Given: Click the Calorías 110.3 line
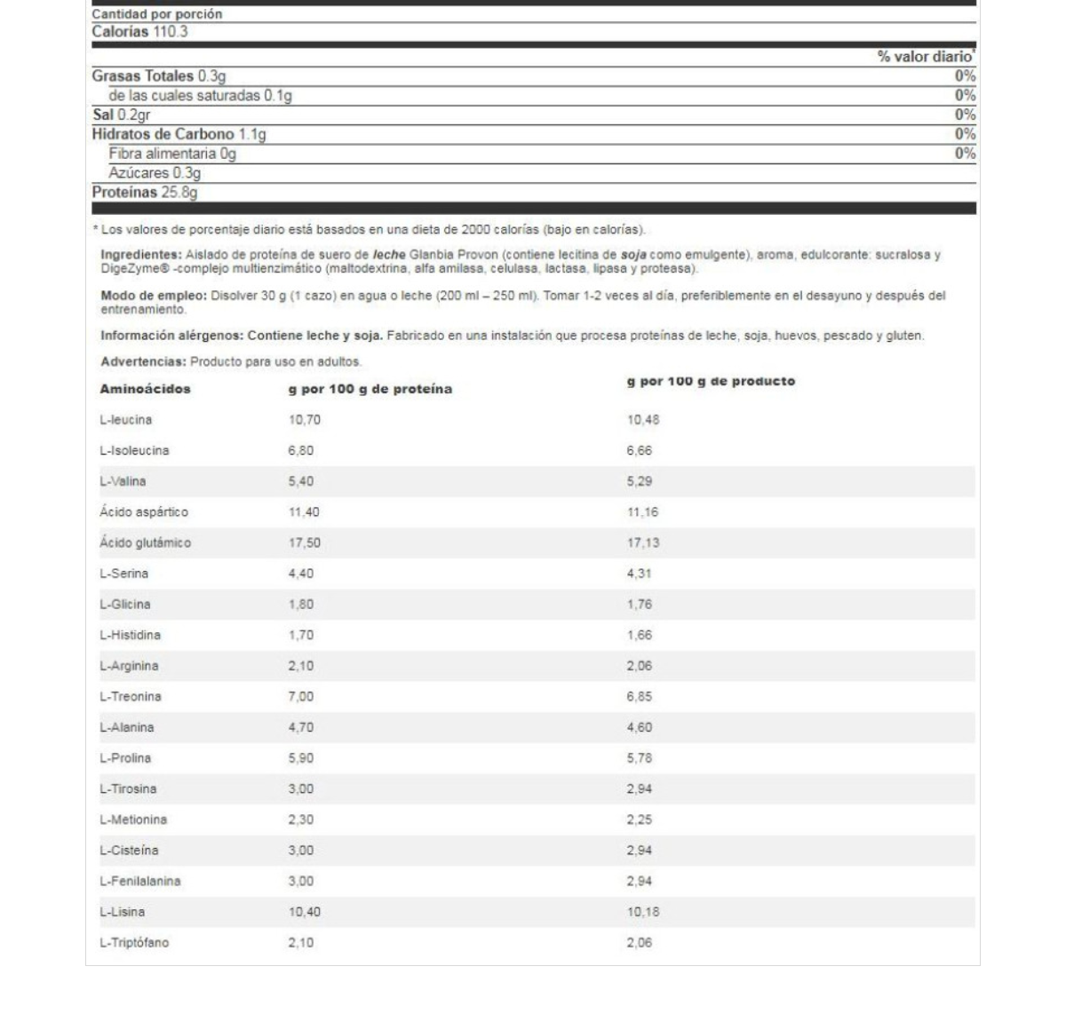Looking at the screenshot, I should [x=139, y=32].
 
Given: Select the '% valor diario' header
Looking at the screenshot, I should [x=926, y=57].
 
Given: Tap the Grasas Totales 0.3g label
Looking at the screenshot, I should [x=158, y=76].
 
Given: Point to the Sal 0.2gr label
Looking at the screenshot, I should [x=121, y=115].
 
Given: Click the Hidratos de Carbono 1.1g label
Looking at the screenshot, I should [x=179, y=134].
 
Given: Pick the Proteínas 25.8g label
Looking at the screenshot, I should [x=145, y=192].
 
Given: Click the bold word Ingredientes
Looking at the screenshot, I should [x=140, y=255].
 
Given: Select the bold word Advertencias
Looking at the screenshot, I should [x=143, y=362].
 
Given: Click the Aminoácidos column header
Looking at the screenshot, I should [x=145, y=389].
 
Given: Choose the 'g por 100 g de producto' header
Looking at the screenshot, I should [x=711, y=382].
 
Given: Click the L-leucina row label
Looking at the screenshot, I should [x=125, y=420].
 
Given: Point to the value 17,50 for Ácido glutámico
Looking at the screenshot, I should [x=304, y=543].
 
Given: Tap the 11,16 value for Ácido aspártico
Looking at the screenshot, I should [x=642, y=512].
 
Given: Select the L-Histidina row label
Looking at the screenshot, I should [x=130, y=635].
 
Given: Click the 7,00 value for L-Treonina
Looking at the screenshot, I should [x=300, y=697].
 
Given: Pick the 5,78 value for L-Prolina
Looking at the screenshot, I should [x=639, y=758].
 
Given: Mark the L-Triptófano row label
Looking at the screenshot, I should [x=133, y=943].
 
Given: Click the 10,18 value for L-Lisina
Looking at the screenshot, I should [x=642, y=912].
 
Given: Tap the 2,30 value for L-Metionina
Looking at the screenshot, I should [x=300, y=820].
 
